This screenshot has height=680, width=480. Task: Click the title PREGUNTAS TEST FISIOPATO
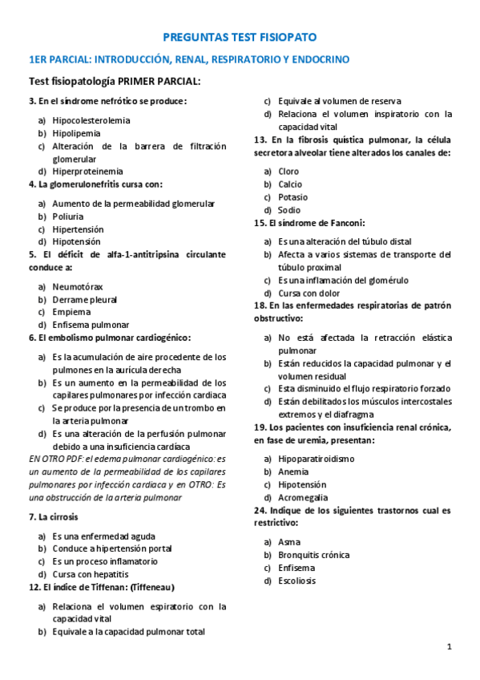[x=240, y=38]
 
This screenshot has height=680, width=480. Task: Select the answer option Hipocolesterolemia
[x=91, y=120]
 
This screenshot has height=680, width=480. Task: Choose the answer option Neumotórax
[x=77, y=286]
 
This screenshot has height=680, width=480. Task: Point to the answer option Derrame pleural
[x=84, y=299]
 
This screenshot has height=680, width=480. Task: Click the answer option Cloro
[x=288, y=172]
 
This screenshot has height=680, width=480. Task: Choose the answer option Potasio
[x=292, y=197]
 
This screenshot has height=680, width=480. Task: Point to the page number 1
[x=450, y=646]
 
